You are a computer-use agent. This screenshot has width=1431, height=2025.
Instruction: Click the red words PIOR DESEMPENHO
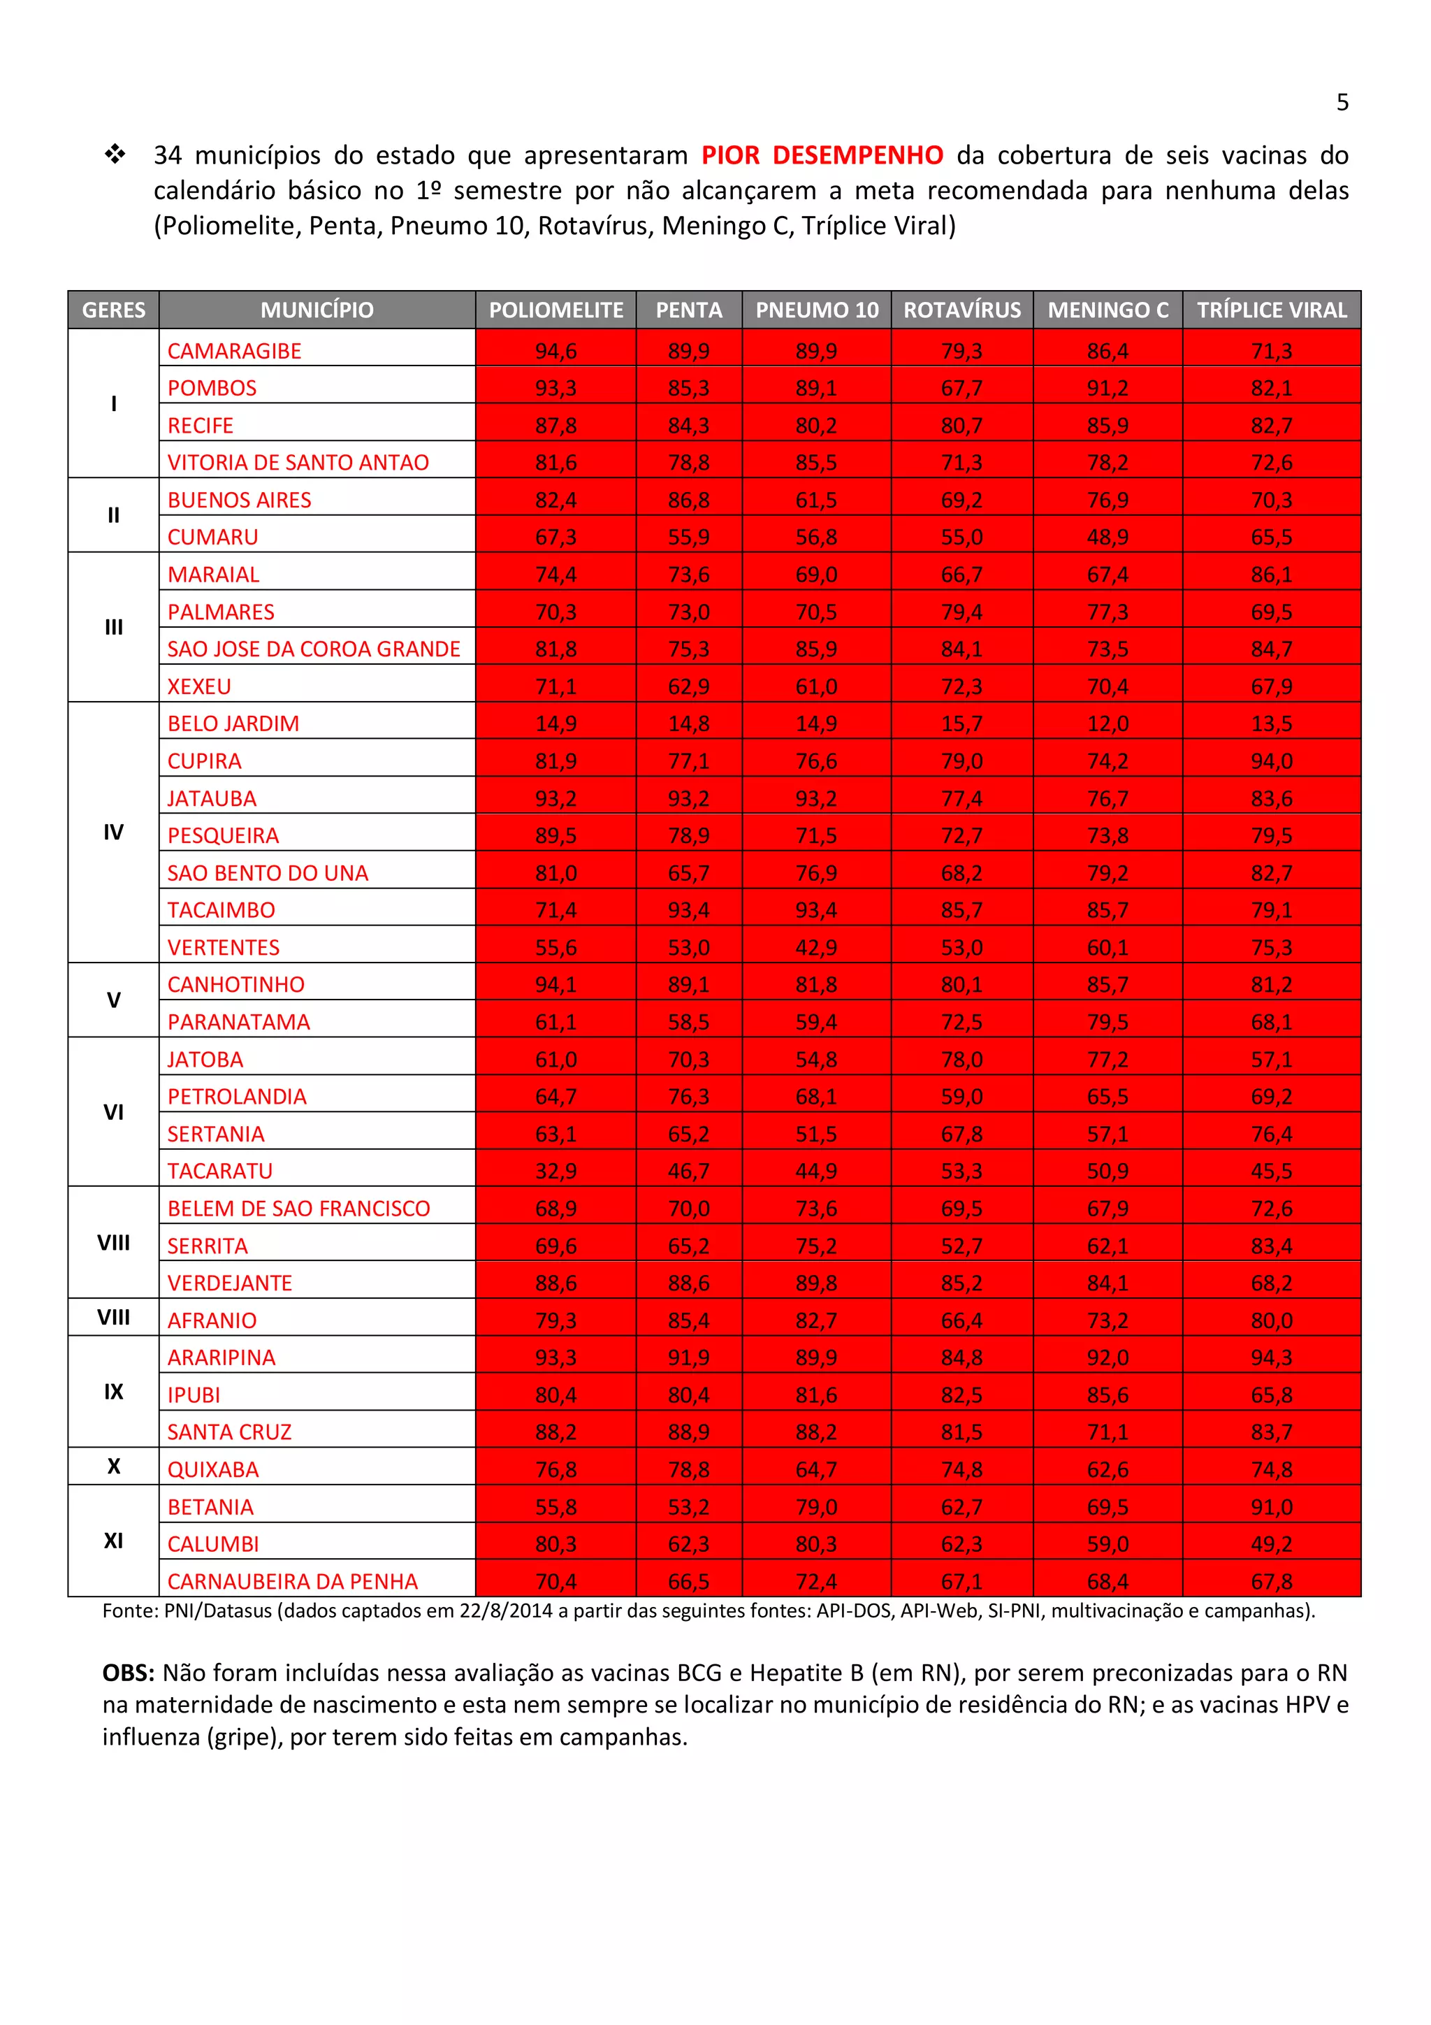pos(822,155)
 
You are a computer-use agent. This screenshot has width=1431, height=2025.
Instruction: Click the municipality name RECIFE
pos(200,425)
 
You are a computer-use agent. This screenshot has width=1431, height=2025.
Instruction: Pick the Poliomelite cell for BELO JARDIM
pos(555,723)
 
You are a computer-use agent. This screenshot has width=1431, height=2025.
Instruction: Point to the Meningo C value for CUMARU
pos(1107,537)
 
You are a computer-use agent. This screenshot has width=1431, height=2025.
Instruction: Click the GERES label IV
pos(113,832)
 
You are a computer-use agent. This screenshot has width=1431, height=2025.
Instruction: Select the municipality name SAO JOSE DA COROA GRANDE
pos(313,649)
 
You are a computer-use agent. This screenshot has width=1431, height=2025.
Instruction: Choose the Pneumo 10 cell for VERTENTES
pos(815,947)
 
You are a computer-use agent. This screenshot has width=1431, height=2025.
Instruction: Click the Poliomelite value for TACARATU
pos(555,1172)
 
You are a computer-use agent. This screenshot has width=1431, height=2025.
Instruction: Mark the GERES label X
pos(113,1466)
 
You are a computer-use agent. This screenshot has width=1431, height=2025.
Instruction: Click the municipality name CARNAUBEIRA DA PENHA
pos(292,1581)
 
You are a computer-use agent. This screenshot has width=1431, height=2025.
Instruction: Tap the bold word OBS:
pos(128,1673)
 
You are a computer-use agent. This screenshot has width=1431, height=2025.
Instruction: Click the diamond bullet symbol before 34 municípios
pos(115,154)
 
